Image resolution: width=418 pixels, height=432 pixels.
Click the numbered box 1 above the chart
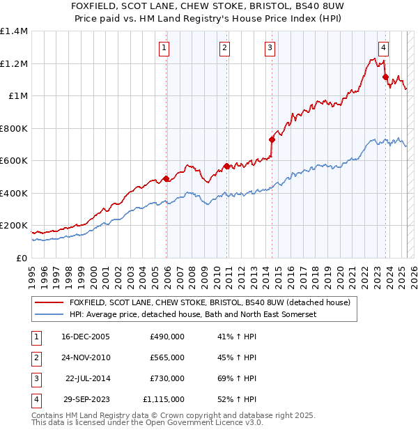pyautogui.click(x=163, y=48)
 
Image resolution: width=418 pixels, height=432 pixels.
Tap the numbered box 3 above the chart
pyautogui.click(x=269, y=48)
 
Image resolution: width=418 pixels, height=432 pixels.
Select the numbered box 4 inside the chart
pyautogui.click(x=383, y=48)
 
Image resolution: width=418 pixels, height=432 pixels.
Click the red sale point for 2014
pyautogui.click(x=272, y=139)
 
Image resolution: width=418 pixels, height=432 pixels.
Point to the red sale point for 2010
pyautogui.click(x=227, y=166)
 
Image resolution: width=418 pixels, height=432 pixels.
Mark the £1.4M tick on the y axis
pyautogui.click(x=14, y=31)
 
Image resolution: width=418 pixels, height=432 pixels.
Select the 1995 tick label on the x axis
pyautogui.click(x=32, y=275)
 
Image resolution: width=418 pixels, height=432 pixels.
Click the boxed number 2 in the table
pyautogui.click(x=35, y=357)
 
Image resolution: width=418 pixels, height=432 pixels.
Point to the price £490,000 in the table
pyautogui.click(x=167, y=337)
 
